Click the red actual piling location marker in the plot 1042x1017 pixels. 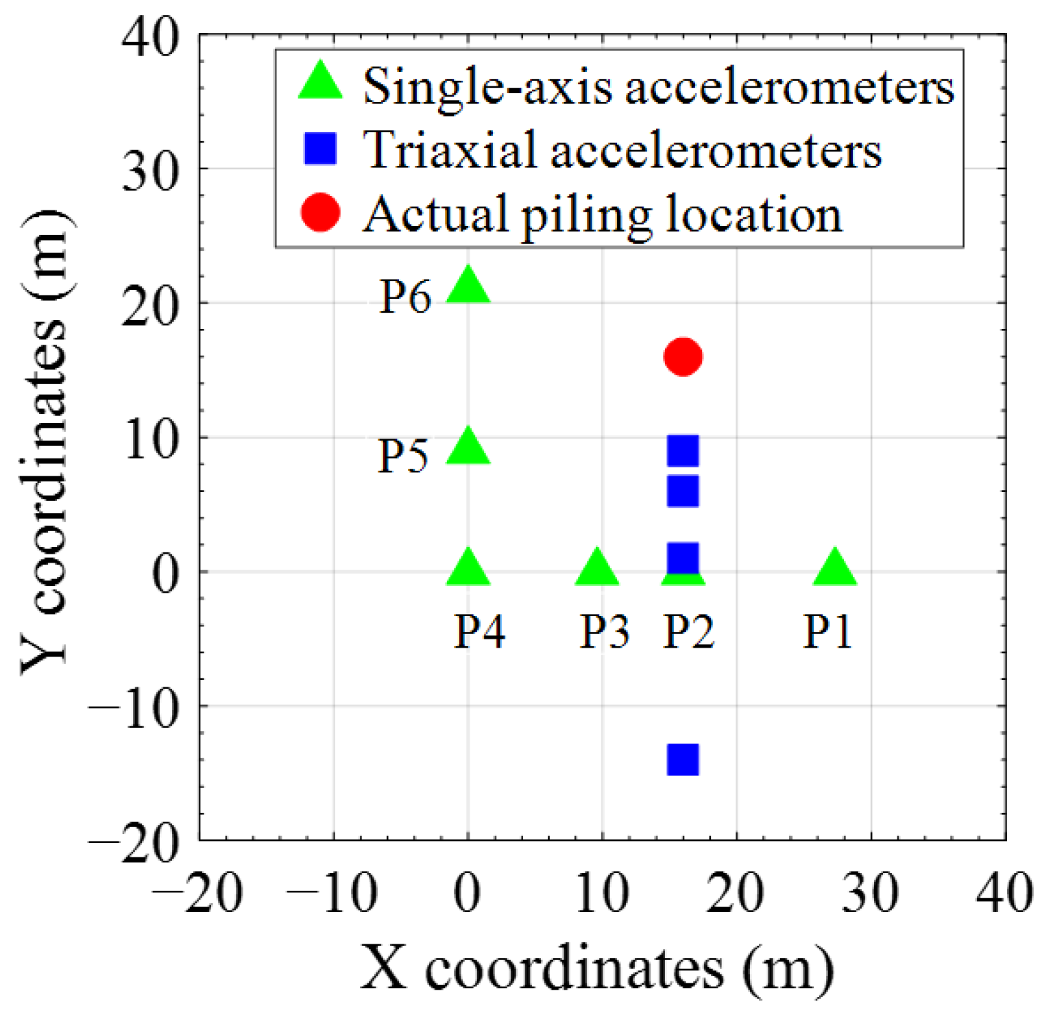pos(683,356)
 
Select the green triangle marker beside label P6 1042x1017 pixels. pos(468,286)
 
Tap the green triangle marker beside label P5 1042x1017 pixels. pos(468,448)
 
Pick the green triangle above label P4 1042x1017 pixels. pos(468,569)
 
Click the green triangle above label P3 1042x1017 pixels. pos(596,569)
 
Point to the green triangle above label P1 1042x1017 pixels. pos(834,569)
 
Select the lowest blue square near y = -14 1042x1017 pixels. pos(683,759)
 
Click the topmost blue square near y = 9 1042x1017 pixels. pos(683,450)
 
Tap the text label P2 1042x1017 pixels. pos(689,631)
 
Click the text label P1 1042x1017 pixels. pos(828,631)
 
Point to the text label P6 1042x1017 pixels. pos(406,297)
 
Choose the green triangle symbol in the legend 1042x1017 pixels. pos(321,83)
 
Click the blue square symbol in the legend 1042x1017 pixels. pos(320,149)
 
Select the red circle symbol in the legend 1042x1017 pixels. pos(320,213)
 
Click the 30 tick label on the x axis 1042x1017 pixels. pos(870,894)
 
